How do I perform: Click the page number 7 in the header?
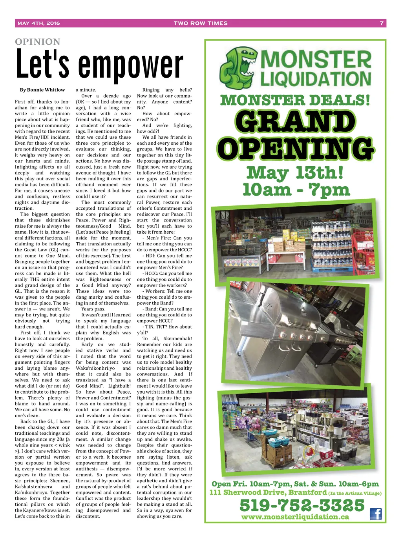point(382,23)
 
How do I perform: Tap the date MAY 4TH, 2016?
point(39,23)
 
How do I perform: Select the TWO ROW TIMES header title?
point(201,23)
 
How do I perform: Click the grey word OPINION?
point(38,42)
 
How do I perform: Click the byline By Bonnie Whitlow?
point(42,90)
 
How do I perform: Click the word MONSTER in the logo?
point(316,60)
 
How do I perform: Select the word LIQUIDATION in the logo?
point(316,79)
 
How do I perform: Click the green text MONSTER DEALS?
point(295,100)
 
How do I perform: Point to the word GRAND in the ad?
point(295,122)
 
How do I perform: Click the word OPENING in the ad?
point(295,148)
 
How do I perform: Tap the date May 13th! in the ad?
point(295,172)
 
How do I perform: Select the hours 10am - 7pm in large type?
point(296,190)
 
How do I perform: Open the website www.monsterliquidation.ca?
point(295,517)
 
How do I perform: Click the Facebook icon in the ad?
point(376,514)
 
